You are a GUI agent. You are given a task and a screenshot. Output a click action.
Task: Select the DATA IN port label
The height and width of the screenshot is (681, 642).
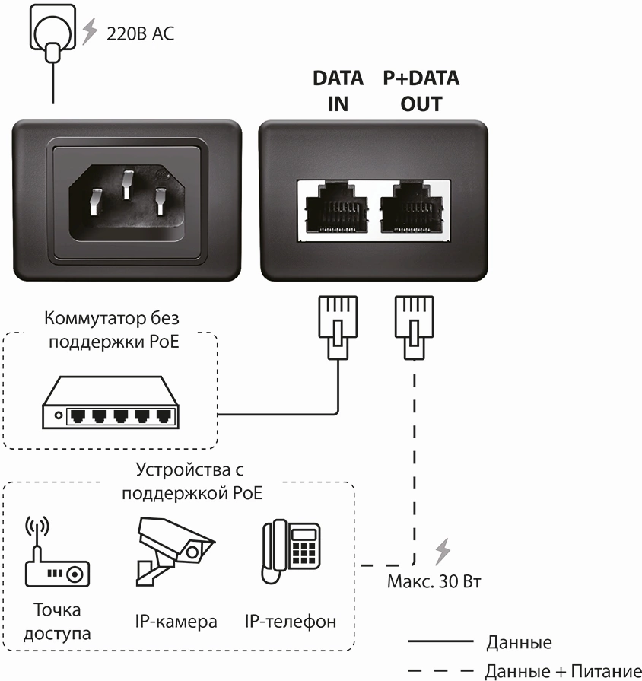338,91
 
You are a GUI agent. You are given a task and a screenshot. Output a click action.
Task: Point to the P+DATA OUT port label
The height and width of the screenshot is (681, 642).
421,91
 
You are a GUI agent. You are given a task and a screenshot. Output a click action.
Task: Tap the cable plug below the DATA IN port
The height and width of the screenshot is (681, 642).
337,326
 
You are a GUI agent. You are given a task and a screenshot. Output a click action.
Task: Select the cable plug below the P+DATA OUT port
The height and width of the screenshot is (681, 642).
412,326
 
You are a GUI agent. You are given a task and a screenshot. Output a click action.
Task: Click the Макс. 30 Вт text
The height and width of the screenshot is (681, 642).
434,582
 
